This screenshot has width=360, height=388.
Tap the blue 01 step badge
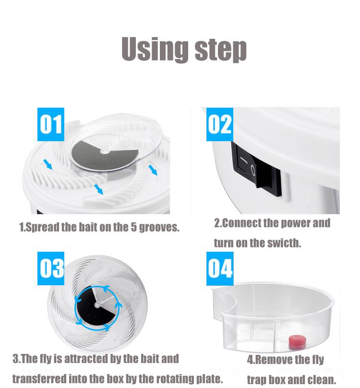pos(51,124)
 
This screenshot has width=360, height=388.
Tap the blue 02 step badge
pos(219,124)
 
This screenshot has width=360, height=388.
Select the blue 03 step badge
pos(51,268)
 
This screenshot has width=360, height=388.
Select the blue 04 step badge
pos(219,268)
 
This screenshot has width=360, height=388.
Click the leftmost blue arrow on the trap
pos(48,165)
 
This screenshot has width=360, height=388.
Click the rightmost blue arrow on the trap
pos(153,170)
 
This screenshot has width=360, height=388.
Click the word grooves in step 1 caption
pos(161,227)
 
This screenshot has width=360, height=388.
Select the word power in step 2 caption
pos(294,223)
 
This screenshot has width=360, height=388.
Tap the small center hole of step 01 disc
pos(105,151)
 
